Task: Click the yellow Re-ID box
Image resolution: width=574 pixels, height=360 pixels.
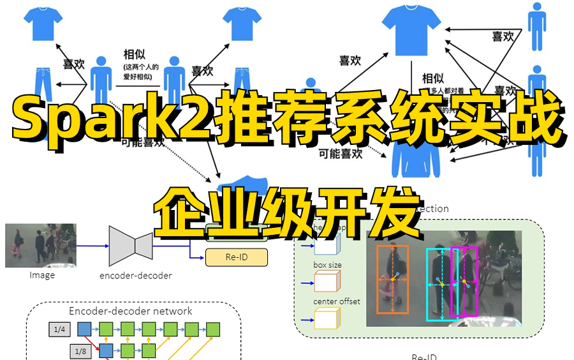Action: (x=236, y=258)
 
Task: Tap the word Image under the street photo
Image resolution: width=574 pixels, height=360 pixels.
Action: (x=42, y=275)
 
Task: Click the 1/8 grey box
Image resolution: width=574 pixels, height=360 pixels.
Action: (x=80, y=350)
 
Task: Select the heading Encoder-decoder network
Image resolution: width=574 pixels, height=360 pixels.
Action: (x=131, y=311)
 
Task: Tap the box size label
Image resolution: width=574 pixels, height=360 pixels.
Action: (x=327, y=264)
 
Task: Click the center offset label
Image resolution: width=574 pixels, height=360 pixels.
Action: (x=336, y=301)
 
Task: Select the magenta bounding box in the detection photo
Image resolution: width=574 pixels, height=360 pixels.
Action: (x=464, y=281)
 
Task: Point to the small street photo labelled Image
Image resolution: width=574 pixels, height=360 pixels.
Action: (x=41, y=245)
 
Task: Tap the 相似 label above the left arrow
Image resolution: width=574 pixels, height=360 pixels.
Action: (x=135, y=56)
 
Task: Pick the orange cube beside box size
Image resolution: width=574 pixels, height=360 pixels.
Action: (x=327, y=281)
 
